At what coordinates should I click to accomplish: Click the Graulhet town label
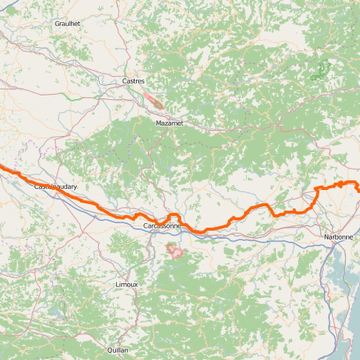67,24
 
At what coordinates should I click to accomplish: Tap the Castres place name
133,81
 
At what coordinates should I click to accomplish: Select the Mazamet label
169,123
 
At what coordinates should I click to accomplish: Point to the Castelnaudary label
55,187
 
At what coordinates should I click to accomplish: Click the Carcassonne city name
162,226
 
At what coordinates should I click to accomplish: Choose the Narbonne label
338,237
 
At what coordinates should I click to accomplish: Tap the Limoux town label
127,284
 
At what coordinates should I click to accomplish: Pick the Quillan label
118,350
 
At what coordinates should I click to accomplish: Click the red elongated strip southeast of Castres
153,101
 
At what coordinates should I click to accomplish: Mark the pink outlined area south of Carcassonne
175,251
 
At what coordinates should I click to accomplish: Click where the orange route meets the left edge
2,166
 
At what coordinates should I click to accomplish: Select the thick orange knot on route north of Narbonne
340,184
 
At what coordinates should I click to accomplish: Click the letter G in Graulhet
57,24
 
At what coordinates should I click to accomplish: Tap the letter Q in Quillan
109,350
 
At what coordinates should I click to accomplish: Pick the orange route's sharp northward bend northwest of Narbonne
316,190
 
